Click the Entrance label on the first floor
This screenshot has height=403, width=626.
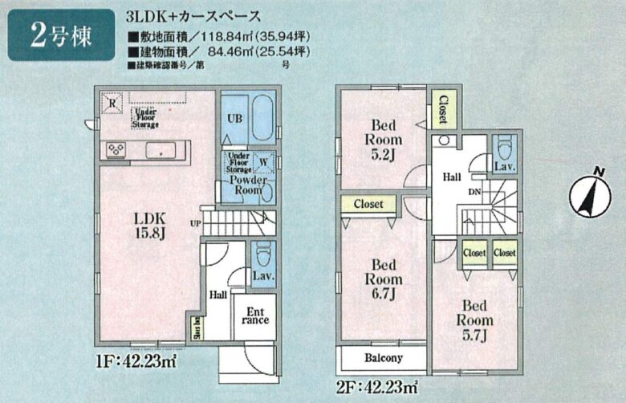[x=254, y=314]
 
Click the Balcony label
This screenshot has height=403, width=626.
[x=383, y=358]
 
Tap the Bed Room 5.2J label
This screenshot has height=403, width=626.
[x=383, y=138]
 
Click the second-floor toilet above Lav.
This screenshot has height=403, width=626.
[x=504, y=149]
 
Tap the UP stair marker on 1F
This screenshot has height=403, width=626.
[x=195, y=222]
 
